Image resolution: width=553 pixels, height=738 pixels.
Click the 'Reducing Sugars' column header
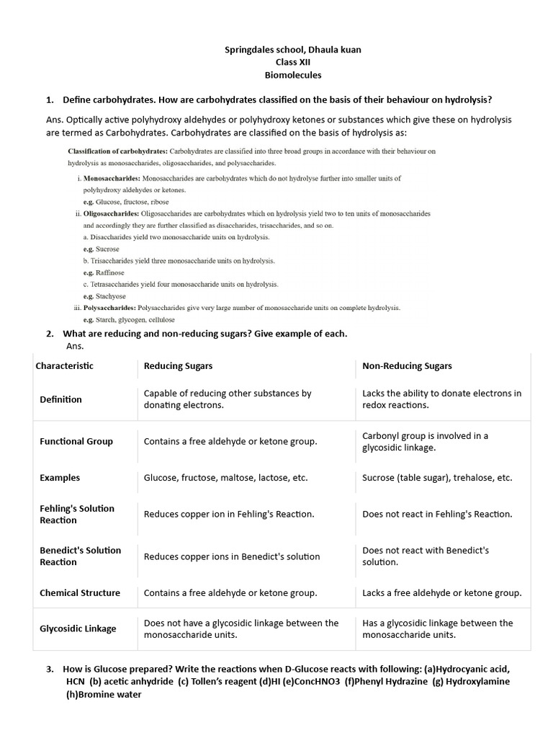(x=178, y=366)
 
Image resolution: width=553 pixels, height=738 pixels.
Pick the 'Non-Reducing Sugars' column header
(x=407, y=366)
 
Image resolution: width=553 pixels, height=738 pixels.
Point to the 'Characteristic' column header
(x=65, y=366)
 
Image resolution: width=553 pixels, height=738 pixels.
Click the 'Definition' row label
(x=60, y=399)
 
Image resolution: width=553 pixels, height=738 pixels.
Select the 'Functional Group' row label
(x=76, y=442)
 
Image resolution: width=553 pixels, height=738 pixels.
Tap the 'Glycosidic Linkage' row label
(x=78, y=629)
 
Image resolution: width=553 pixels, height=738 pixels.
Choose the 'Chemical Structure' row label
(x=80, y=593)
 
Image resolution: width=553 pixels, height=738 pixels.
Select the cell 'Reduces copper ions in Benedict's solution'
(x=232, y=556)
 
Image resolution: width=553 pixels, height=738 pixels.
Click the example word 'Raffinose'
(x=110, y=273)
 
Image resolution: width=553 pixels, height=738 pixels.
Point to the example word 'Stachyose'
(x=111, y=296)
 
